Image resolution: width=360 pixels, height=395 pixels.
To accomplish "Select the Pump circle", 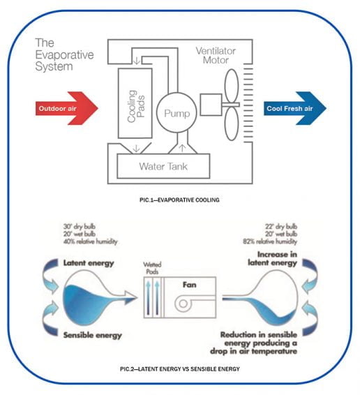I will pos(172,112).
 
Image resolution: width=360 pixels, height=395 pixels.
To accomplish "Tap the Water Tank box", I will pos(163,167).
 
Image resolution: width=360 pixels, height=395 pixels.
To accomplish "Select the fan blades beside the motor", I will pos(235,109).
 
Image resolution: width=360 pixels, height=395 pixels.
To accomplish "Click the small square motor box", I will pos(211,106).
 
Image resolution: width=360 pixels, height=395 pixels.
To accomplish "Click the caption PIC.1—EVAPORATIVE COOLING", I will pos(180,200).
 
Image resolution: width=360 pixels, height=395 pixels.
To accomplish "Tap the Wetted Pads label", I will pos(152,267).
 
